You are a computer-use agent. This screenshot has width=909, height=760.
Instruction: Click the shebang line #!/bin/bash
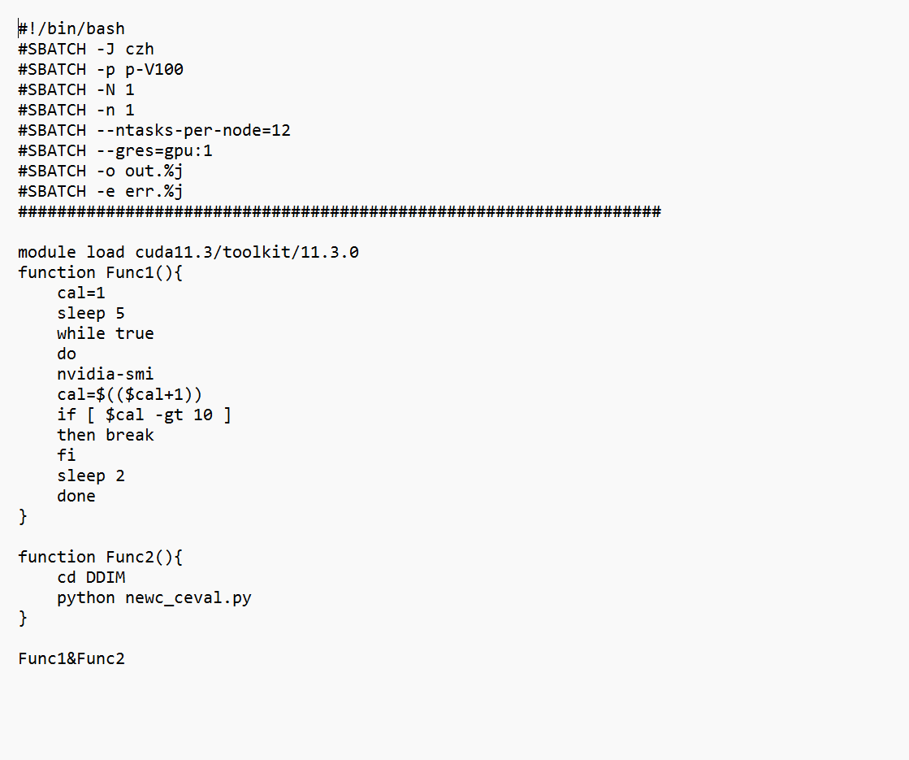(71, 29)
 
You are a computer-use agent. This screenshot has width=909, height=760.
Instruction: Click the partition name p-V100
(154, 70)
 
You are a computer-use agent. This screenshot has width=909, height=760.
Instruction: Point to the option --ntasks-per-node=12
(193, 131)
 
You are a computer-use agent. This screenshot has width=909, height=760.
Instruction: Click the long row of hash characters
(340, 212)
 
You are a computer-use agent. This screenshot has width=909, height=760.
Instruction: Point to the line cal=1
(81, 293)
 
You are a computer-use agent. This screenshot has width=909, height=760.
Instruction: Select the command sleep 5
(91, 314)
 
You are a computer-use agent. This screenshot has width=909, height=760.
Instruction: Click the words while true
(105, 334)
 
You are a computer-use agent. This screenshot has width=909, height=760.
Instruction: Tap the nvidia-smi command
(105, 375)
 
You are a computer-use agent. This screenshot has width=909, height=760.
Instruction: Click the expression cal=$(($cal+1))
(129, 395)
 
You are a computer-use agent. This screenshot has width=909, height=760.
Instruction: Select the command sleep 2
(91, 476)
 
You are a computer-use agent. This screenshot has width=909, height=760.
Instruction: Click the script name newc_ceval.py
(188, 598)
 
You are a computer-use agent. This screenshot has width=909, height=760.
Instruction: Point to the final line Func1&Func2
(71, 659)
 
